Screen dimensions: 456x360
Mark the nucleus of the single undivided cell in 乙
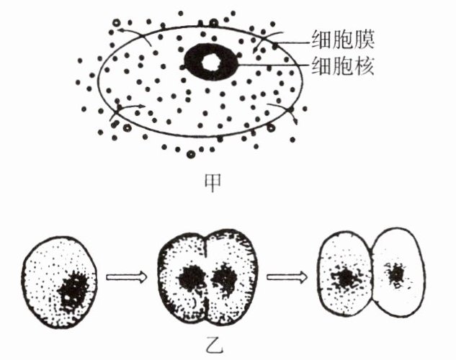click(x=73, y=289)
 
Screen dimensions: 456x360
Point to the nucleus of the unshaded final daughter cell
click(x=395, y=274)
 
